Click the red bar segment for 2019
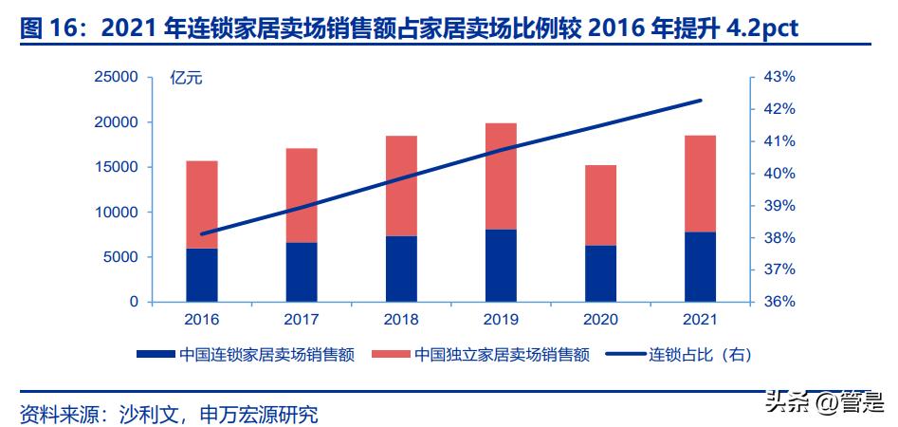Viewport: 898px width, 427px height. (501, 176)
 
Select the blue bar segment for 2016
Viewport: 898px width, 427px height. (202, 275)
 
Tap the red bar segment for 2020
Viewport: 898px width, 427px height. (600, 205)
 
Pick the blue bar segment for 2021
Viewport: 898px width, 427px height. (700, 267)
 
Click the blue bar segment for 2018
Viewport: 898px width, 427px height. (401, 269)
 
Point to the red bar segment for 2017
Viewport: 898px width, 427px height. (302, 195)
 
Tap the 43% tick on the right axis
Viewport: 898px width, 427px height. (780, 77)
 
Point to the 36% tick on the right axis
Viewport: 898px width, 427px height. (780, 302)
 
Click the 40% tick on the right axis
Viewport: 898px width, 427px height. (780, 174)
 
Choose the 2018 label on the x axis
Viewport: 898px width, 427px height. (401, 321)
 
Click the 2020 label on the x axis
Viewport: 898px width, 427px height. (600, 321)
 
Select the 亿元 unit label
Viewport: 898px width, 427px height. (186, 78)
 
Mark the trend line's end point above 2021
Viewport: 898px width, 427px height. (701, 100)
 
